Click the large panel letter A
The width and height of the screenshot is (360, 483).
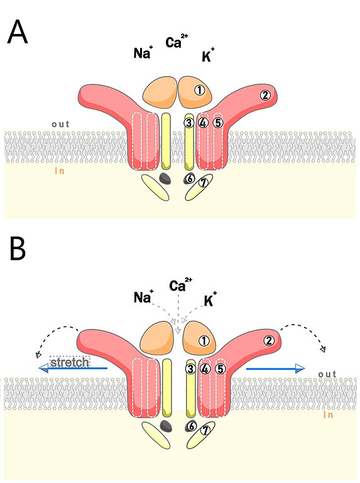18,32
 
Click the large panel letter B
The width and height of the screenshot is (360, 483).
18,248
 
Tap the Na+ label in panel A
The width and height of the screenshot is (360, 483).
143,52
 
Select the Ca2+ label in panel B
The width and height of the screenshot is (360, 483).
180,285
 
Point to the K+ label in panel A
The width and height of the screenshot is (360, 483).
208,55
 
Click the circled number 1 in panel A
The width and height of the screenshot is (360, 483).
199,91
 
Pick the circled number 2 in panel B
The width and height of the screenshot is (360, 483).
269,341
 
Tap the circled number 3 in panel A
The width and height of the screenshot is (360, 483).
189,123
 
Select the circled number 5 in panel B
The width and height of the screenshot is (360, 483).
221,369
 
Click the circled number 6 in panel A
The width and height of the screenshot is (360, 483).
190,179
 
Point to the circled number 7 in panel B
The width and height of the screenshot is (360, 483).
205,430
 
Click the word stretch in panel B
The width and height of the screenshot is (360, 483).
70,362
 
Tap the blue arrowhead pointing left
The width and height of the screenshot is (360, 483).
43,368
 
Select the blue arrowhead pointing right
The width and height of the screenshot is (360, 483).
300,368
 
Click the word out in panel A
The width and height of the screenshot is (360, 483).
60,124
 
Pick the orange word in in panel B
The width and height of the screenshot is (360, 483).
328,414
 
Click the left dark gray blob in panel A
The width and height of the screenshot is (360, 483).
165,178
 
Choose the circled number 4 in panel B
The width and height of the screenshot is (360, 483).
205,369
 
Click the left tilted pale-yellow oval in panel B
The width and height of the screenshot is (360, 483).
156,435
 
